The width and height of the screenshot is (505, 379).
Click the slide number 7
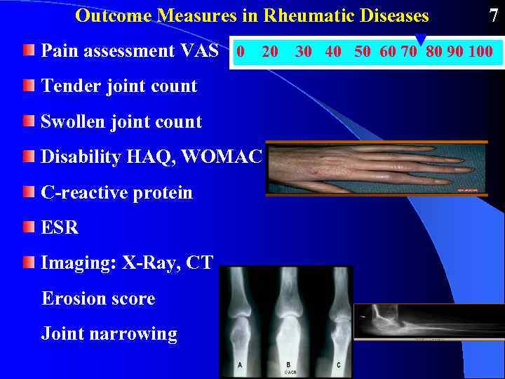[493, 15]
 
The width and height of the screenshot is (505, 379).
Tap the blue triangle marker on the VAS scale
[421, 39]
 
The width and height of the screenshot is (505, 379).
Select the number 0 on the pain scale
[241, 51]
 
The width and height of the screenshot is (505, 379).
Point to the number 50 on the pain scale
[363, 51]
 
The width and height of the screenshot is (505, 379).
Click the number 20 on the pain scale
[270, 51]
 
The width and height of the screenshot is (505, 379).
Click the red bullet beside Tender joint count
[28, 85]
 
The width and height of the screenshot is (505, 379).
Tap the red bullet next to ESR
[28, 227]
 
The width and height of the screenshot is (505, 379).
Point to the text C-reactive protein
[116, 192]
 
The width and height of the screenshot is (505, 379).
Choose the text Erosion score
[98, 298]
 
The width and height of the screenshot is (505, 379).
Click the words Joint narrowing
[109, 333]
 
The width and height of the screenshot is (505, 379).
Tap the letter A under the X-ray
[240, 365]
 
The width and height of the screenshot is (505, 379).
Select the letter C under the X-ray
[339, 365]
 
